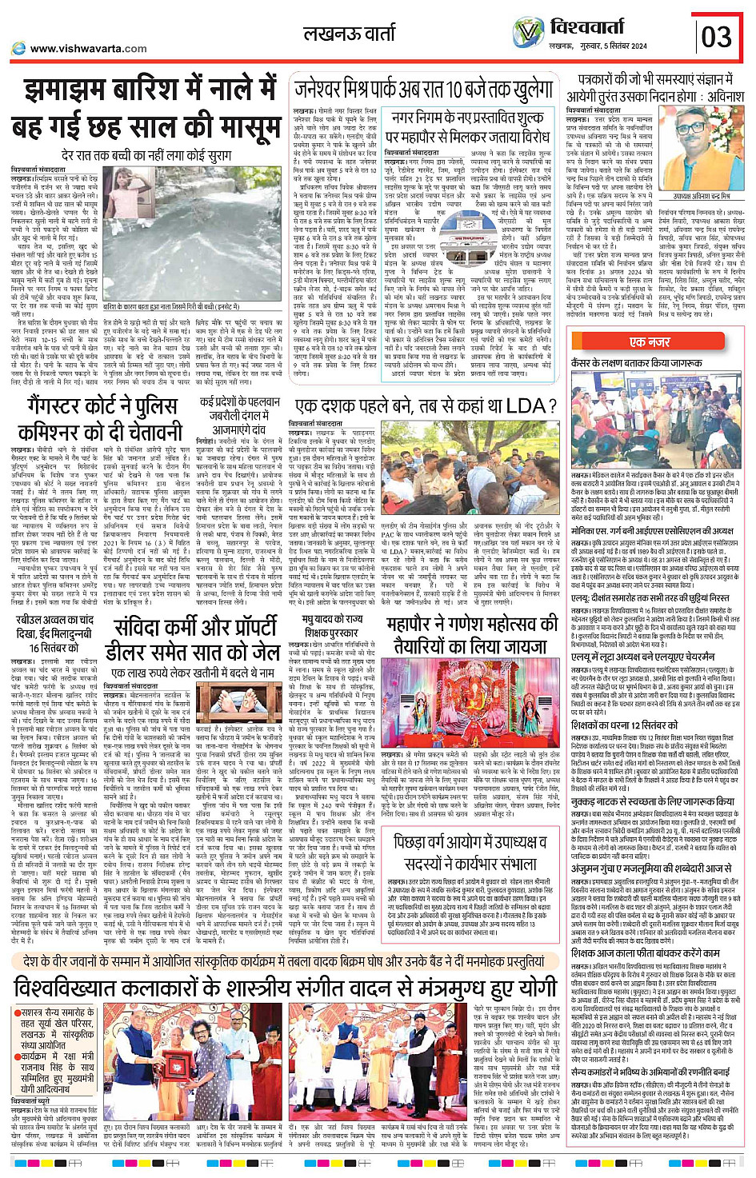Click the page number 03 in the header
click(x=717, y=36)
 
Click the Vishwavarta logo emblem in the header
click(x=529, y=34)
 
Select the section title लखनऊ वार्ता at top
click(x=349, y=34)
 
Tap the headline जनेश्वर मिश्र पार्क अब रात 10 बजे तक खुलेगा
click(x=425, y=90)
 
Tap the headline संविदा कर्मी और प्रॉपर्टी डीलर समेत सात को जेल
click(x=196, y=640)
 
